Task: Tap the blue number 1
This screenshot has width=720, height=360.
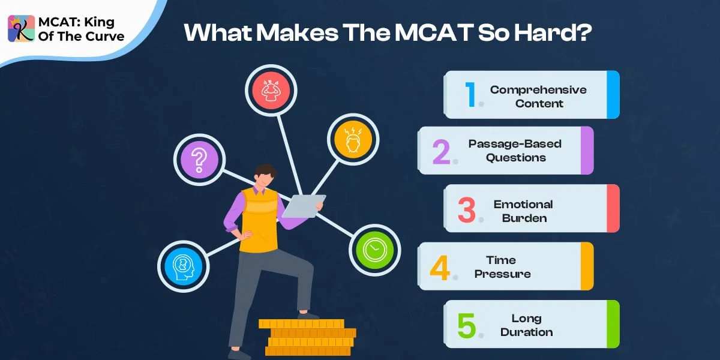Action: tap(470, 95)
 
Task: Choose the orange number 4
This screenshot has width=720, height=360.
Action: tap(440, 267)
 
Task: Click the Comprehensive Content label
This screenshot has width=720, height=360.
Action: tap(538, 97)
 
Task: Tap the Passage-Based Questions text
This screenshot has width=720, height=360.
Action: tap(515, 151)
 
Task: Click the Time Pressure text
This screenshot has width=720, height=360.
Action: tap(502, 267)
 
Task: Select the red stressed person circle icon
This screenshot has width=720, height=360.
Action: tap(271, 90)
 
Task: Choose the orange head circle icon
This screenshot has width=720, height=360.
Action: tap(353, 139)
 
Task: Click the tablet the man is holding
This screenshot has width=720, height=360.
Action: tap(304, 205)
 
